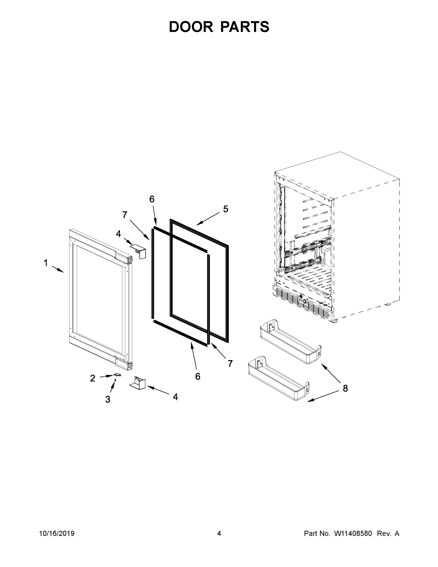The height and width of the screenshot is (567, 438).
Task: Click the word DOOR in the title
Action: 191,27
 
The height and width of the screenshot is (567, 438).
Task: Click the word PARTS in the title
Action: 245,27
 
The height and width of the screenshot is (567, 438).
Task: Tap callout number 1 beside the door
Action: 46,263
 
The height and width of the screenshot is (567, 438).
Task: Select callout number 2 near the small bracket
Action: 93,378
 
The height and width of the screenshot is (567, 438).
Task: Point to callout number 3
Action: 108,399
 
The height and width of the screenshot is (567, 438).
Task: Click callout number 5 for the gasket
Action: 225,209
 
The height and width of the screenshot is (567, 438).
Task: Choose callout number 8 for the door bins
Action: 345,388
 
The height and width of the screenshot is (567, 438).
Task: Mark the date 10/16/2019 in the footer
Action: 57,533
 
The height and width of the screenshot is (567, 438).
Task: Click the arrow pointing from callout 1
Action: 58,269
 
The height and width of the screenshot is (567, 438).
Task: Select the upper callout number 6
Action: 152,199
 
